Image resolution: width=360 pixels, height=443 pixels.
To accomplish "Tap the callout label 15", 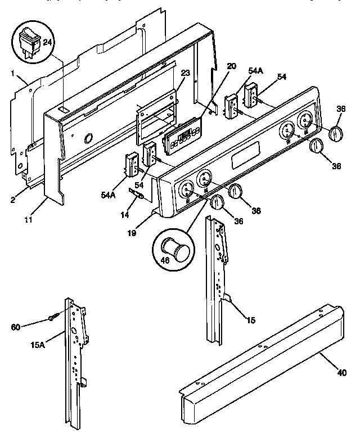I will (250, 320).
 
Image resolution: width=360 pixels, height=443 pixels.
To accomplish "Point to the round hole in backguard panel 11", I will (88, 138).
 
